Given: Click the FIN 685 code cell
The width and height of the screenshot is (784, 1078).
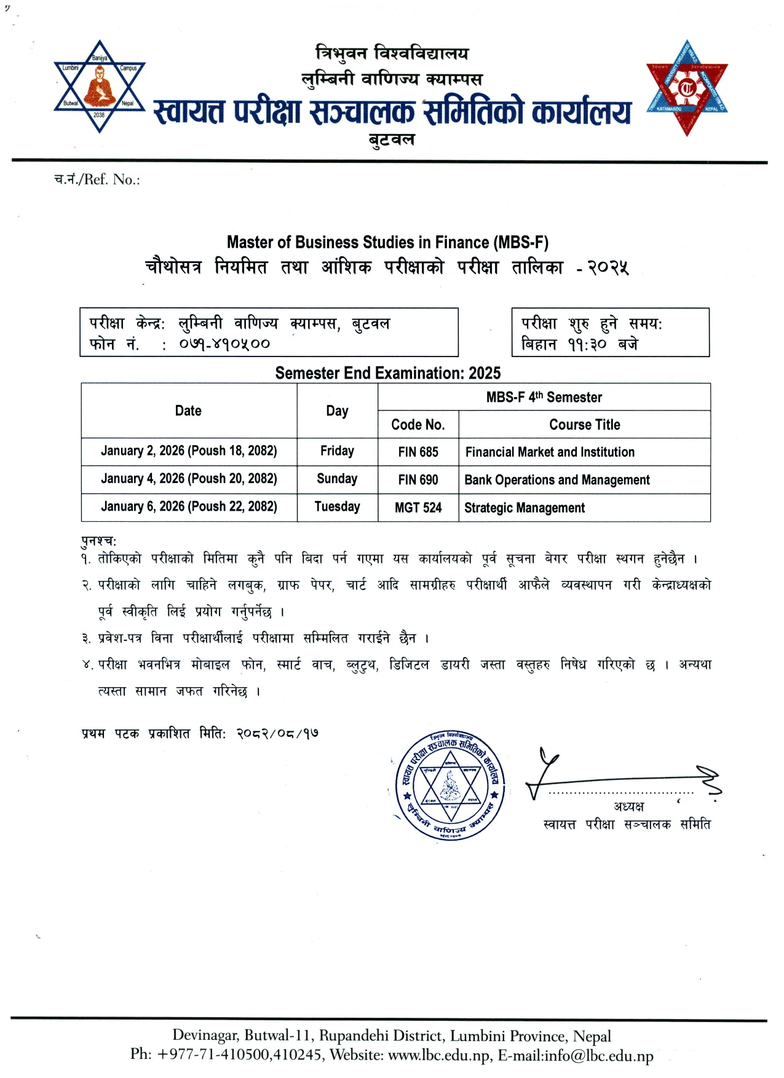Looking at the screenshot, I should (418, 452).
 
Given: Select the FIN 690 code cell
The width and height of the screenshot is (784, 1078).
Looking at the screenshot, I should (418, 479).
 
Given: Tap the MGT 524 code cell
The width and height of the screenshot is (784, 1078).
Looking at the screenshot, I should (418, 508).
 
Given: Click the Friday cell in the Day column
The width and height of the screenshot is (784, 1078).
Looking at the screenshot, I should (337, 451).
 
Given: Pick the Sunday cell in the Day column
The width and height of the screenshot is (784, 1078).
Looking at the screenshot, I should (337, 479).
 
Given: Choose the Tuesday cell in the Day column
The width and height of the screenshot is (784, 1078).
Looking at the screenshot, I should (337, 506).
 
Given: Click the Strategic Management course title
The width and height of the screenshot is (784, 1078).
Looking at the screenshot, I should (525, 508).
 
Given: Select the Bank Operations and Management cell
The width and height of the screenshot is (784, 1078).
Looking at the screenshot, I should (557, 479).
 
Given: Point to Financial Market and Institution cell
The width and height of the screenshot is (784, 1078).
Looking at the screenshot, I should (550, 452).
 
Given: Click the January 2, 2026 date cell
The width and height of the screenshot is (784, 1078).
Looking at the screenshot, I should (189, 451).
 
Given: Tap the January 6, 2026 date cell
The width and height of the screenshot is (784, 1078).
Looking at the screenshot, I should (189, 506).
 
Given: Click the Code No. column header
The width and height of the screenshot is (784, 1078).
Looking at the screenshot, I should (418, 425).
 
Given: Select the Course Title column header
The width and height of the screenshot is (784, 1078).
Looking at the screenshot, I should (585, 425).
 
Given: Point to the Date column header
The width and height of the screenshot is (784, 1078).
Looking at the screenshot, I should (188, 411).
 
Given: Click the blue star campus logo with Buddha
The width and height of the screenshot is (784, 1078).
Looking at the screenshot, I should (99, 87).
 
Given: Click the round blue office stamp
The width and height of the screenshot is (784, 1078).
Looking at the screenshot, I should (450, 785).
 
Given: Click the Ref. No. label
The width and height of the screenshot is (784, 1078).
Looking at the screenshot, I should (97, 179).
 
